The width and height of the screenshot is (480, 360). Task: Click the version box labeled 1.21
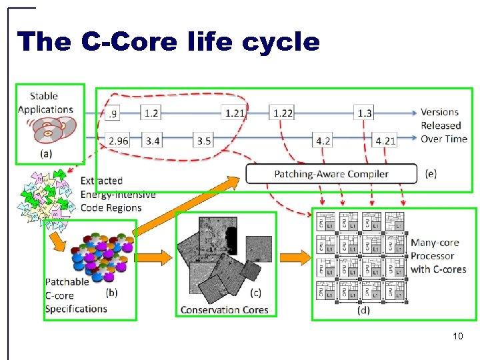(235, 113)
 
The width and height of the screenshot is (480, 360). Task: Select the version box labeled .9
(114, 113)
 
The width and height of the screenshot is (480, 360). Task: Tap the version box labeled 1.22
(283, 113)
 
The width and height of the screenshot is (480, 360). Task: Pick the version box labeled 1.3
(365, 113)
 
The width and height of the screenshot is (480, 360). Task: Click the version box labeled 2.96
(119, 141)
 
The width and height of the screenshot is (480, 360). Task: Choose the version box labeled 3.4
(153, 141)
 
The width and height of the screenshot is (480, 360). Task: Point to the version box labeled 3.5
(204, 141)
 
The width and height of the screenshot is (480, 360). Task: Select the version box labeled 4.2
(323, 141)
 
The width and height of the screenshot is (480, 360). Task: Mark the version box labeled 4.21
(385, 141)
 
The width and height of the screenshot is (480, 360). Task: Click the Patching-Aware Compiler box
(331, 174)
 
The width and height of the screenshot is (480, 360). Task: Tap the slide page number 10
(457, 336)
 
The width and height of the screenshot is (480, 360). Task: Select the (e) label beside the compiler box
(431, 174)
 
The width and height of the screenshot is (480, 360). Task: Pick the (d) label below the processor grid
(363, 310)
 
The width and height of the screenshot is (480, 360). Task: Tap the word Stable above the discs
(44, 96)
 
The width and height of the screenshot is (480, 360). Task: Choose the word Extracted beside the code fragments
(101, 181)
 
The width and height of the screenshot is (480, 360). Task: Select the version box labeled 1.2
(151, 113)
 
